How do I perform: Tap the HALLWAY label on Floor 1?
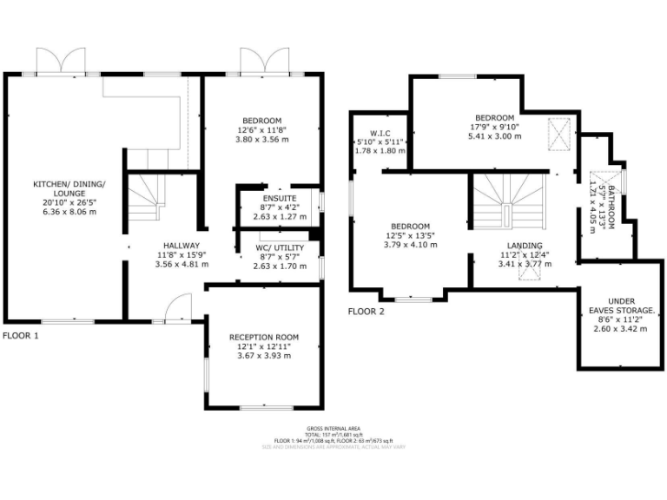pyautogui.click(x=178, y=246)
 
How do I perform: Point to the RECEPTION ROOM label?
pyautogui.click(x=264, y=337)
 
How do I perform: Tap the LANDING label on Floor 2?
pyautogui.click(x=525, y=246)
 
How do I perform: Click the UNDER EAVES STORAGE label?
pyautogui.click(x=621, y=304)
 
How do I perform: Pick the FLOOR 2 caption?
pyautogui.click(x=367, y=311)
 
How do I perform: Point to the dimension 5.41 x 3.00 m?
pyautogui.click(x=495, y=136)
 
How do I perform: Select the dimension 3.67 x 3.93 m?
pyautogui.click(x=264, y=356)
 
